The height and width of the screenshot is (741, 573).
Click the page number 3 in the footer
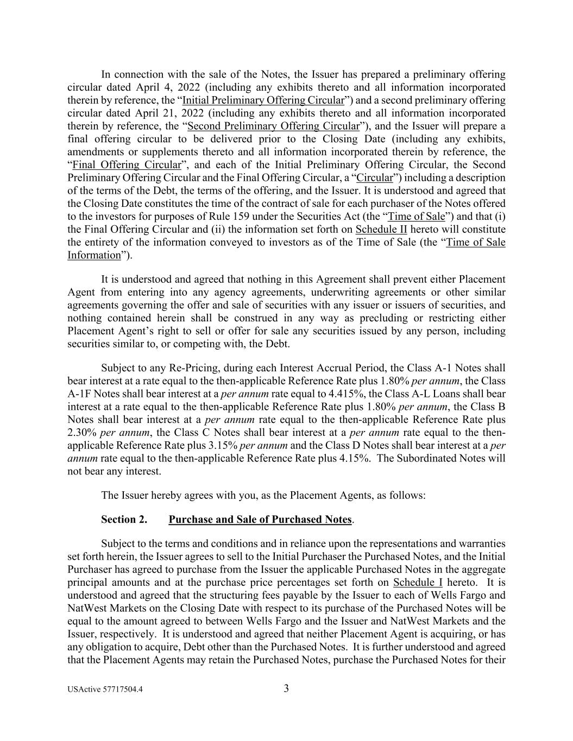click(286, 689)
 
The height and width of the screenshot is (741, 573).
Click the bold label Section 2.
click(124, 520)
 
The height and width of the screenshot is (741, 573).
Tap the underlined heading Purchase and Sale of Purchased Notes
click(260, 520)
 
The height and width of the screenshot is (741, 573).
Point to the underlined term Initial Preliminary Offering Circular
click(263, 100)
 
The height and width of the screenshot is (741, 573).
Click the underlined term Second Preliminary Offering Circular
click(273, 126)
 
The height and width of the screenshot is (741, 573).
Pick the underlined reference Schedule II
click(381, 230)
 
